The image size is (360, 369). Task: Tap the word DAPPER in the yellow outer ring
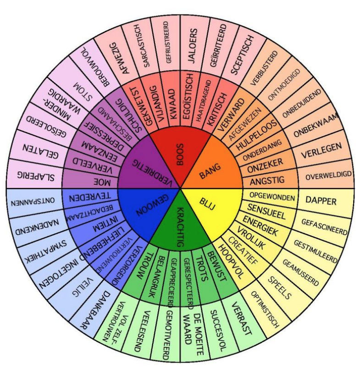click(321, 201)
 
